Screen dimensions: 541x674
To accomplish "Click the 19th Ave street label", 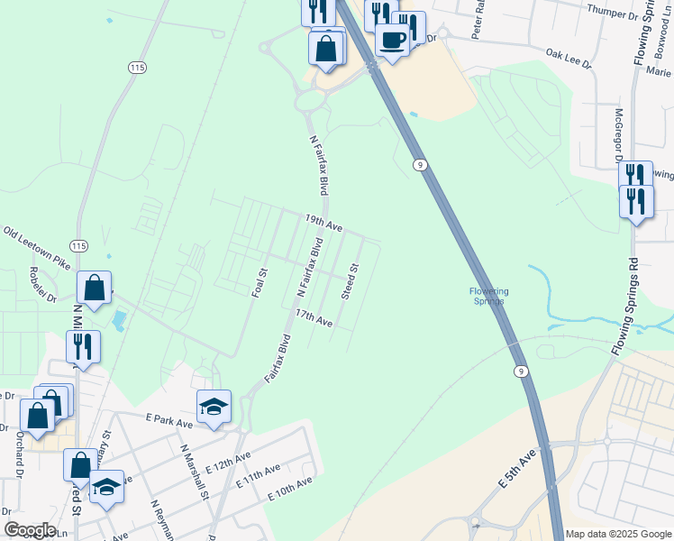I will pos(323,224).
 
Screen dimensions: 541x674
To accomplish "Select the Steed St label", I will pos(351,281).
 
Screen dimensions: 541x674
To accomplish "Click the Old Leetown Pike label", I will pos(37,248).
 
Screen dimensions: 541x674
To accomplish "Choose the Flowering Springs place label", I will pos(489,296).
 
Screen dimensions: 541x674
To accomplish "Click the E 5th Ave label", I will pos(517,465).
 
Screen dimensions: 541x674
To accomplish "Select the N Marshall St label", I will pos(195,471).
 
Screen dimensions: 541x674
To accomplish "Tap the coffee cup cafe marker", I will pos(392,40).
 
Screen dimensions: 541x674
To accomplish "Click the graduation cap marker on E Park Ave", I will pos(214,407).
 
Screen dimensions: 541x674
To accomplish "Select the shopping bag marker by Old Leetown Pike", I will pos(95,288).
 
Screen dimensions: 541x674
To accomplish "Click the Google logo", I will pos(30,530).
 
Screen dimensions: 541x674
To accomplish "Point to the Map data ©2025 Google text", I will pos(617,534).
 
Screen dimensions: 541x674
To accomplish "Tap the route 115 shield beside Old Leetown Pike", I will pos(78,246).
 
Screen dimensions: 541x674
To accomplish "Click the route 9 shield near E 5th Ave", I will pos(520,371).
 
